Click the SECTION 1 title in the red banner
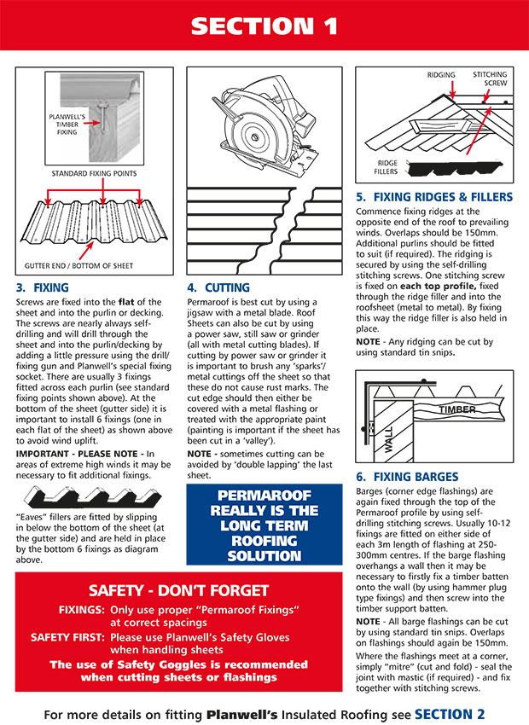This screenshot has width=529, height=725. (264, 25)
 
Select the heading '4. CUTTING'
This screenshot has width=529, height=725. (218, 288)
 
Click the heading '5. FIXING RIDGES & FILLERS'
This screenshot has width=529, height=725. (434, 197)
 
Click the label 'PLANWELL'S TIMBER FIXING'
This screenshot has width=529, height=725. (62, 123)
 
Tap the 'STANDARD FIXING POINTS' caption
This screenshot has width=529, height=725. (94, 174)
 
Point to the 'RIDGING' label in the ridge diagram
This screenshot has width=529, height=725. (440, 75)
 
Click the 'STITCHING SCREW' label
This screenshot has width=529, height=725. (490, 79)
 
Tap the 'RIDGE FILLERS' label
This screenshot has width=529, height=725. (386, 166)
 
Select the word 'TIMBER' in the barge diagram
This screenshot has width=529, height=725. (458, 409)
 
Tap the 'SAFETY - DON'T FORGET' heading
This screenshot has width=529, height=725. (179, 590)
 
